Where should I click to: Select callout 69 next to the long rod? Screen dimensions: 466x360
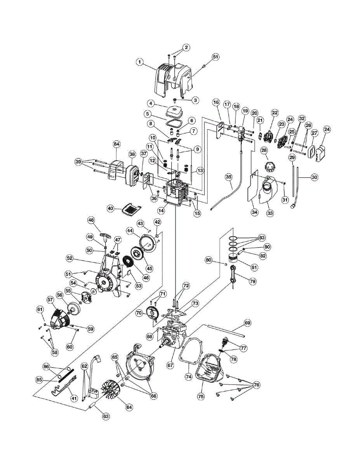(x=247, y=323)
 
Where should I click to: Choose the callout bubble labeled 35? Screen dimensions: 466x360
(x=229, y=177)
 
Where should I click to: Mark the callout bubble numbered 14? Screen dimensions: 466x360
(x=161, y=210)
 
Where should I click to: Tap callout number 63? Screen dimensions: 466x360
(x=106, y=416)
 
